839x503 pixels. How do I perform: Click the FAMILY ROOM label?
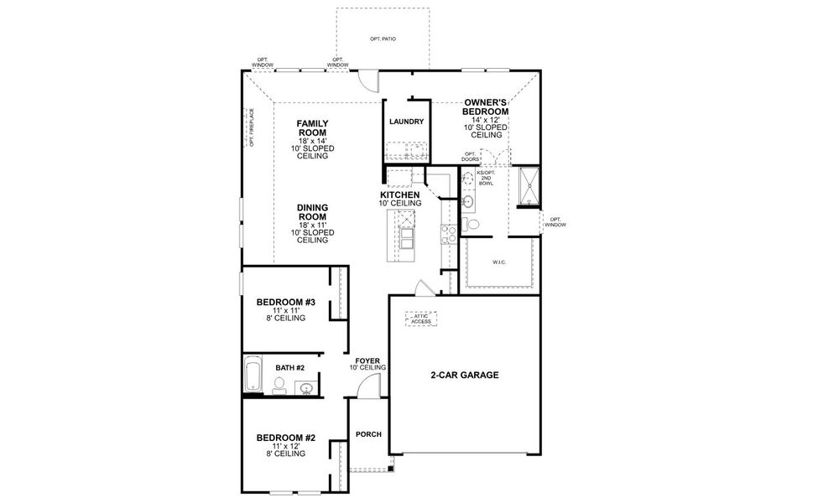pyautogui.click(x=312, y=127)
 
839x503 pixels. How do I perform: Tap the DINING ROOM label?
pyautogui.click(x=312, y=212)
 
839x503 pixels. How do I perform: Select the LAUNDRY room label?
pyautogui.click(x=406, y=122)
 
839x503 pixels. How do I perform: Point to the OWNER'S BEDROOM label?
pyautogui.click(x=486, y=107)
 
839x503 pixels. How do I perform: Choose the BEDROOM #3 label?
pyautogui.click(x=285, y=303)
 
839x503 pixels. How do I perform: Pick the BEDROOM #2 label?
pyautogui.click(x=285, y=438)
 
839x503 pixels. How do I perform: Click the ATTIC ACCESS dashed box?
pyautogui.click(x=421, y=319)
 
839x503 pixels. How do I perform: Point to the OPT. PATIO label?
pyautogui.click(x=383, y=39)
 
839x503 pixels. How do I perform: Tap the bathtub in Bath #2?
pyautogui.click(x=252, y=375)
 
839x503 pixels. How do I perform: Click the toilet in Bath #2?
pyautogui.click(x=279, y=385)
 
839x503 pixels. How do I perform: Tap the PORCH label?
pyautogui.click(x=368, y=434)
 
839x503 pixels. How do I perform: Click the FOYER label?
pyautogui.click(x=367, y=363)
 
